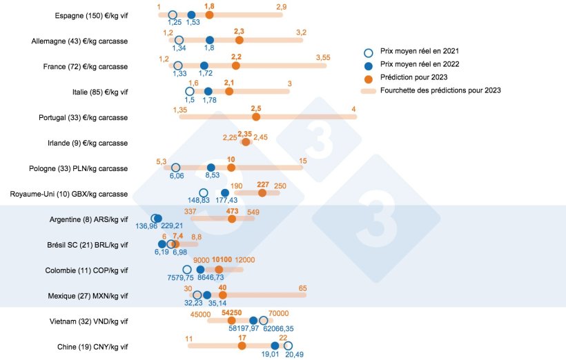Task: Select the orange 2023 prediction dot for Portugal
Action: [x=256, y=117]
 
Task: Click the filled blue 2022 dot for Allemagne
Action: [x=210, y=40]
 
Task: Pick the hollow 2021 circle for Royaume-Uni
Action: [x=203, y=192]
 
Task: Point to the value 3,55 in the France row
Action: [x=323, y=57]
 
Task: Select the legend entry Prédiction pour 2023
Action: [x=411, y=77]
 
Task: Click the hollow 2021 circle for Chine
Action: [x=288, y=346]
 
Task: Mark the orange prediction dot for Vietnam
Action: [x=231, y=321]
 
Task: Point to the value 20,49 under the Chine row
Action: [x=294, y=354]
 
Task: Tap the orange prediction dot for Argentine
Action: [x=232, y=219]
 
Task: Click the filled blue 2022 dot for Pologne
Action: [x=211, y=167]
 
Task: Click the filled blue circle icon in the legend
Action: [x=369, y=64]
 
